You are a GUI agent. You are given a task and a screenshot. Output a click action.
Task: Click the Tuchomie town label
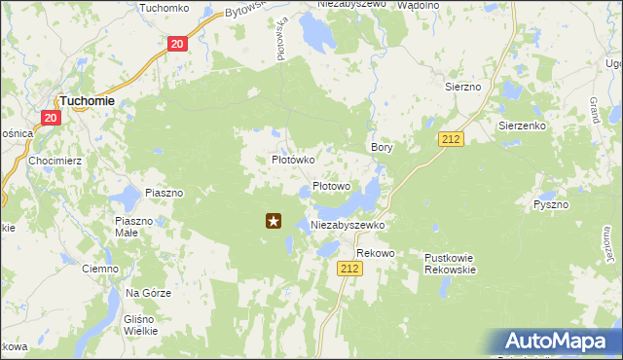pyautogui.click(x=88, y=100)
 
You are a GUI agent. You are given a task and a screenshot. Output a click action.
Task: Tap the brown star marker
pyautogui.click(x=275, y=222)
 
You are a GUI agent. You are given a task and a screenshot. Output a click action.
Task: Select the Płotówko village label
pyautogui.click(x=291, y=159)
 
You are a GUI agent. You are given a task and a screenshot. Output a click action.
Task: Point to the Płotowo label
pyautogui.click(x=331, y=186)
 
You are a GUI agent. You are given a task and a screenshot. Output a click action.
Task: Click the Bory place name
pyautogui.click(x=381, y=147)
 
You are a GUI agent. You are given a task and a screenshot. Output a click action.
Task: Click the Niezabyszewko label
pyautogui.click(x=348, y=225)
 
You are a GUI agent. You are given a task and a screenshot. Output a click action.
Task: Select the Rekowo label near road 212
pyautogui.click(x=375, y=253)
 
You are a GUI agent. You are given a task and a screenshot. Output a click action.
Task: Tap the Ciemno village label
pyautogui.click(x=99, y=268)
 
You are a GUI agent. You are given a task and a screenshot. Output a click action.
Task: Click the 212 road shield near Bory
pyautogui.click(x=450, y=139)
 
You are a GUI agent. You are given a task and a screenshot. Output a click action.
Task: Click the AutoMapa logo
pyautogui.click(x=560, y=342)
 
